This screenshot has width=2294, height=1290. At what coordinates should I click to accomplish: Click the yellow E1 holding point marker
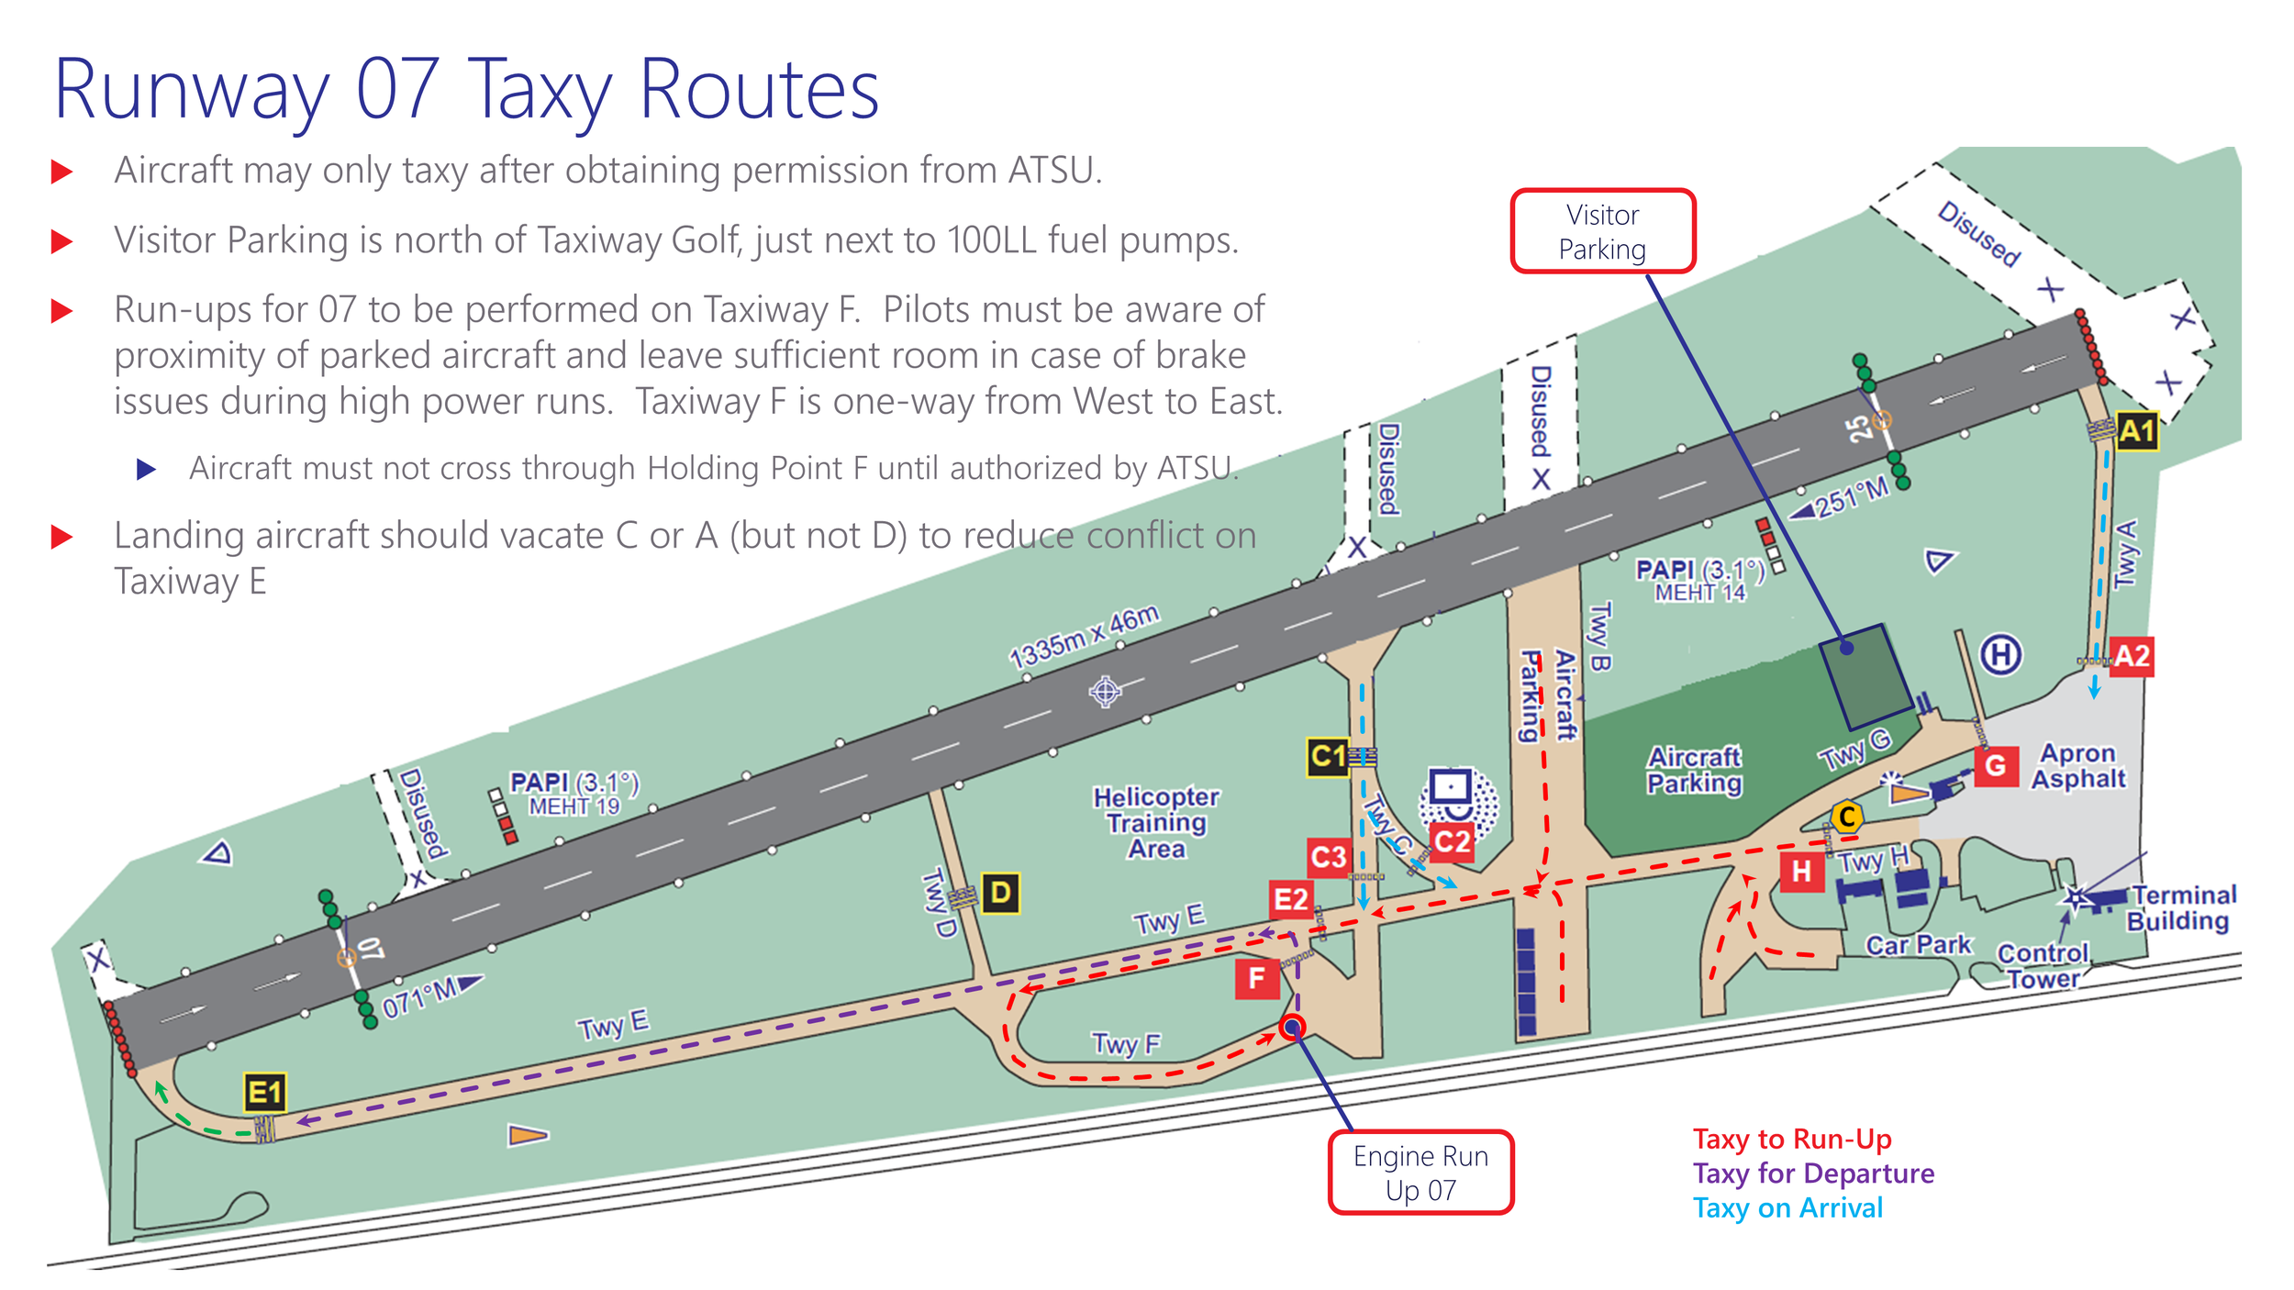click(265, 1092)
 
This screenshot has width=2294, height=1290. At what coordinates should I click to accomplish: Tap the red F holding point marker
click(1256, 979)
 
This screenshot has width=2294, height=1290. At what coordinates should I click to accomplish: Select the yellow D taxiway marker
click(1001, 893)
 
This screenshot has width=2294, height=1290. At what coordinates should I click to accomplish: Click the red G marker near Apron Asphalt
click(1995, 766)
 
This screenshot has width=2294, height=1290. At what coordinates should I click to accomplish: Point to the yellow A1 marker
click(2136, 431)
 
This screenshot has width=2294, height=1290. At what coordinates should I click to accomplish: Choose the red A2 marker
click(2132, 656)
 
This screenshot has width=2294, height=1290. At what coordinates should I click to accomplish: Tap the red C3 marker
click(1328, 857)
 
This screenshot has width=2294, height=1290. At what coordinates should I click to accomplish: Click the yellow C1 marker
click(1328, 757)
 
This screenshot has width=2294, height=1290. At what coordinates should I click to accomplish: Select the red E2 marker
click(1290, 899)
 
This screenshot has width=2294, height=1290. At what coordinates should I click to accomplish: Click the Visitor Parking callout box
click(1602, 231)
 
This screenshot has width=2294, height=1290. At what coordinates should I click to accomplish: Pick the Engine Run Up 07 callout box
click(1420, 1173)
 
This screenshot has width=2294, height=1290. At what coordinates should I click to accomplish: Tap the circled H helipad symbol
click(2000, 655)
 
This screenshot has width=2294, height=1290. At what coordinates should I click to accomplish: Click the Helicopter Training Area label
click(1156, 822)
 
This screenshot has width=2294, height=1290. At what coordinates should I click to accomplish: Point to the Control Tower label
click(2043, 966)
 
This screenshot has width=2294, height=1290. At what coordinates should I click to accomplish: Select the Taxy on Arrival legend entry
click(1787, 1208)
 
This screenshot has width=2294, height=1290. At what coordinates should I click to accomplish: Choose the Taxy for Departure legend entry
click(1813, 1173)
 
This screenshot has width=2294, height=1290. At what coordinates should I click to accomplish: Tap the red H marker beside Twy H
click(1801, 871)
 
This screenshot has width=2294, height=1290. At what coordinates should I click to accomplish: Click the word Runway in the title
click(191, 92)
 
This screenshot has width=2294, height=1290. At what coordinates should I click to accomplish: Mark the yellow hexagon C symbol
click(1847, 816)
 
